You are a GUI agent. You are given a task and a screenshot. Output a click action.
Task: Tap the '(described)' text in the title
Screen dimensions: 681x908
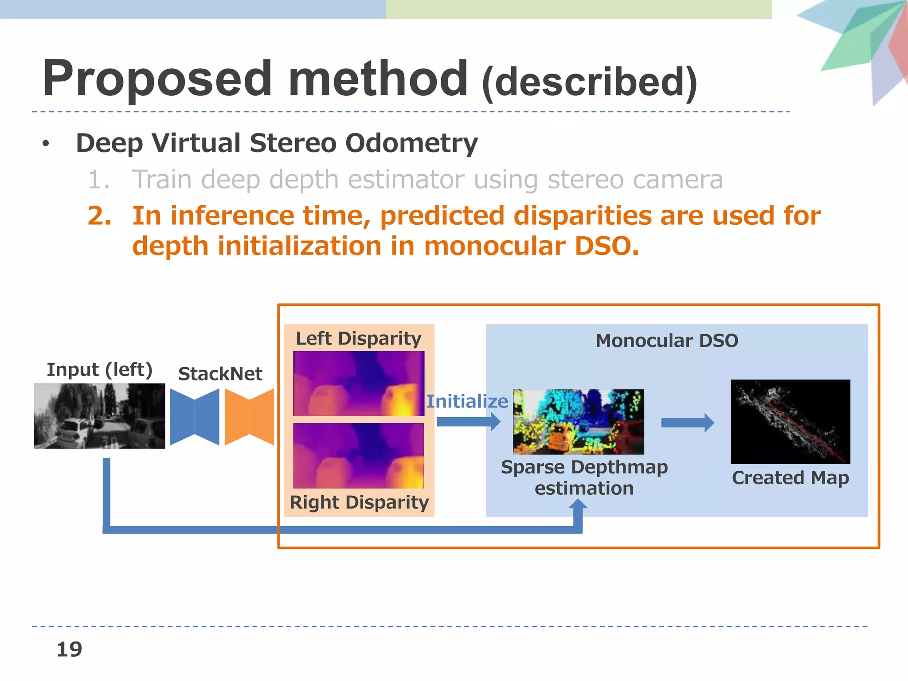(x=590, y=82)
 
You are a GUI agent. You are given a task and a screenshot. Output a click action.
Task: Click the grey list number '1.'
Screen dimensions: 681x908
(x=98, y=180)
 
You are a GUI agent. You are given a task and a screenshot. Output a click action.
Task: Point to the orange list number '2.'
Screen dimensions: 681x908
(x=99, y=216)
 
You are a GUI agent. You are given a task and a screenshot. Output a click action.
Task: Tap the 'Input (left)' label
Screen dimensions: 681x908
(x=99, y=369)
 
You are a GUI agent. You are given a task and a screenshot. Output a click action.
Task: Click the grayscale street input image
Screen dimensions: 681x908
(x=99, y=416)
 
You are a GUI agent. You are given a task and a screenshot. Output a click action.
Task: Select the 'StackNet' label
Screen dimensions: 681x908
(x=220, y=374)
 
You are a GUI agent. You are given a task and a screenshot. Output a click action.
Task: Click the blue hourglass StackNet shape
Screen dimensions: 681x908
(x=194, y=417)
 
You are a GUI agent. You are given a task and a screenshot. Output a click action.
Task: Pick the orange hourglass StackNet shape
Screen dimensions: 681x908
(x=249, y=417)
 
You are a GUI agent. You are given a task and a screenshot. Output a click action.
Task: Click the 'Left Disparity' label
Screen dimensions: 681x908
(x=358, y=339)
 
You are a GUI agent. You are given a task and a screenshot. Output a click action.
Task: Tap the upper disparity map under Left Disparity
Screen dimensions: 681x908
(x=358, y=384)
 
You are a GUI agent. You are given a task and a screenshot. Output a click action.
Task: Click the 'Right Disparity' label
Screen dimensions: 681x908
(x=359, y=502)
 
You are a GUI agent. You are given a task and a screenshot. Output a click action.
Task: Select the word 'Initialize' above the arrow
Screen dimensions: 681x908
(x=467, y=401)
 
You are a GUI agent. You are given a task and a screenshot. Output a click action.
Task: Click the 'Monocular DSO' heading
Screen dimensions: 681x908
(x=667, y=340)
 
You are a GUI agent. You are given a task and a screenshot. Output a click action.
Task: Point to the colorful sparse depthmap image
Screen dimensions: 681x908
(x=578, y=422)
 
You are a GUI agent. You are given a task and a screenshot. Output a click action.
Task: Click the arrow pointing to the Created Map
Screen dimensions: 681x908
(x=687, y=423)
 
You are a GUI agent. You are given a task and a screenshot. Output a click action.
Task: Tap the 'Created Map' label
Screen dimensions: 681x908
(x=790, y=478)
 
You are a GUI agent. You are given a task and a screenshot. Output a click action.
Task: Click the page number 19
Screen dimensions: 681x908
(x=69, y=650)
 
